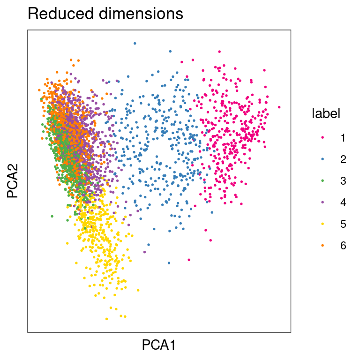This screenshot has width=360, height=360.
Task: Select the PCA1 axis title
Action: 159,345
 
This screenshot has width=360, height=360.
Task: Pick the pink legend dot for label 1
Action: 322,138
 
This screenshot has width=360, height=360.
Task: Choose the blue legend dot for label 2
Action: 322,159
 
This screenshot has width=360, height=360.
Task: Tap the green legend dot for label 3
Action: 322,181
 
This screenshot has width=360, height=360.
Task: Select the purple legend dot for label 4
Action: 322,202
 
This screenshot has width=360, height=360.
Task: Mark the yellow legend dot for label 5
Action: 322,224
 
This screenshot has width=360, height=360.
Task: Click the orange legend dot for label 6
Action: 322,246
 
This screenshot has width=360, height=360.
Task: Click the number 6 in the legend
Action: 343,246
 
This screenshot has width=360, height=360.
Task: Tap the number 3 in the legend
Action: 343,181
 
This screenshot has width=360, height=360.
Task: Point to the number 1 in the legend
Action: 343,138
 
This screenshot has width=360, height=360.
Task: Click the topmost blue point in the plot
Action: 135,43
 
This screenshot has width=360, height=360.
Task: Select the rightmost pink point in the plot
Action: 279,107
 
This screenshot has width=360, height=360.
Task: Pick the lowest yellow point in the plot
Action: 107,319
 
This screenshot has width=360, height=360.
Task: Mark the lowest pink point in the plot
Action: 189,260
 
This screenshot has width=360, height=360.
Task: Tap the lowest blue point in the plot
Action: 169,262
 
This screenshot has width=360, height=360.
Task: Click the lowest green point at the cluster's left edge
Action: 52,217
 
